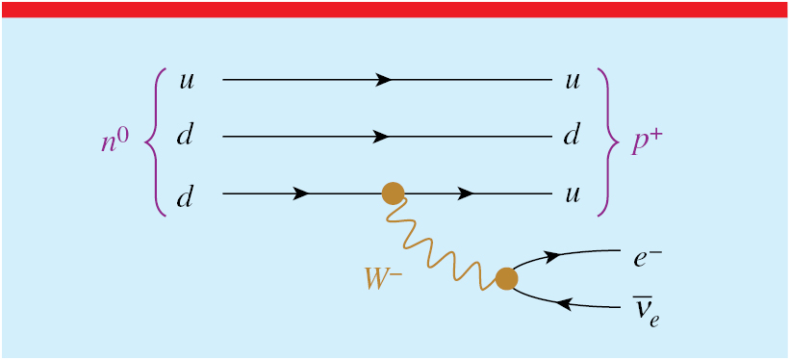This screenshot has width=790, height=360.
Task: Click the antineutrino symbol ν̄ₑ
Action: [x=646, y=310]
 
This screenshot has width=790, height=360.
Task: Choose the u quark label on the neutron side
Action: [x=187, y=80]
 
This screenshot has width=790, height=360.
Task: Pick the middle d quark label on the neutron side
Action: [x=186, y=137]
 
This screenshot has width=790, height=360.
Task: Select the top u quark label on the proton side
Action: [x=573, y=80]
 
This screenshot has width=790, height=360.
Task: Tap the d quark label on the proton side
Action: [x=573, y=137]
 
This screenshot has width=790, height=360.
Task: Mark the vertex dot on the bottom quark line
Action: [x=393, y=193]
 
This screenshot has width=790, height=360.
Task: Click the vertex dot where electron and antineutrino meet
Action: [x=506, y=279]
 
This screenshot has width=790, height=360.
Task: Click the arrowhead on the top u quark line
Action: [x=384, y=80]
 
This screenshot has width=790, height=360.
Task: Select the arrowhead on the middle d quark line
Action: [x=384, y=137]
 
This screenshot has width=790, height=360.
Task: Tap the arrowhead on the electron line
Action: [x=553, y=256]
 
